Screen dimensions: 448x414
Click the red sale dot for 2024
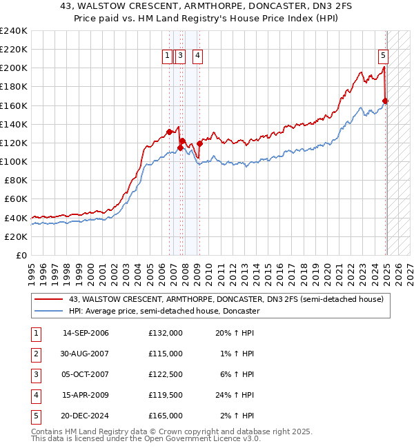tap(386, 101)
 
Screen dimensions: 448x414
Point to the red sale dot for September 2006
tap(169, 132)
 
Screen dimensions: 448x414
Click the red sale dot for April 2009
tap(199, 143)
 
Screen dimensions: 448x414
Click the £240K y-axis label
tap(13, 31)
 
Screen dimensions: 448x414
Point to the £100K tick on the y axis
tap(13, 161)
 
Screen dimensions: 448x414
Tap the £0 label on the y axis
tap(21, 255)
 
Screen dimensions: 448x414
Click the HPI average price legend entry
tap(164, 311)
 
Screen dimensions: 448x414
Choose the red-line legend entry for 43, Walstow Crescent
tap(230, 298)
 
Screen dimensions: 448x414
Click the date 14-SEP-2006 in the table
tap(86, 333)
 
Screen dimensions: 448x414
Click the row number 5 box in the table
tap(34, 416)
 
